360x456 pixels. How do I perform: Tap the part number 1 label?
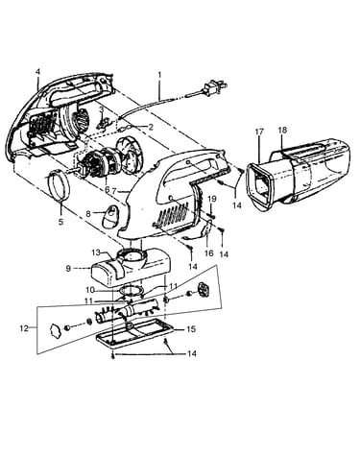[159, 75]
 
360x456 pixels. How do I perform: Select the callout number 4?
[37, 72]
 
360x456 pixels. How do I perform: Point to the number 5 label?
[60, 221]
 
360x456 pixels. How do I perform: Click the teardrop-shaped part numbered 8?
[109, 216]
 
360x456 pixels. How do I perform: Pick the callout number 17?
[259, 132]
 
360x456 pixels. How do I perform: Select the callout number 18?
[282, 130]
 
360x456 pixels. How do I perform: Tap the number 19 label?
[212, 199]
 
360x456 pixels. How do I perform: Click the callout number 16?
[208, 253]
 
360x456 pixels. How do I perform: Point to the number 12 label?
[24, 328]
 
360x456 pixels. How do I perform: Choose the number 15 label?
[191, 329]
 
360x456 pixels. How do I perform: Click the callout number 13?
[96, 252]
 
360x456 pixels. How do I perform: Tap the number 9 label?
[68, 269]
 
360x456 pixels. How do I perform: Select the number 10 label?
[90, 290]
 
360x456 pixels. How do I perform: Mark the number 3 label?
[102, 109]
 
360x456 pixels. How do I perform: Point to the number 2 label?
[151, 127]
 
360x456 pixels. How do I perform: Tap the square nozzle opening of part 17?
[260, 187]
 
